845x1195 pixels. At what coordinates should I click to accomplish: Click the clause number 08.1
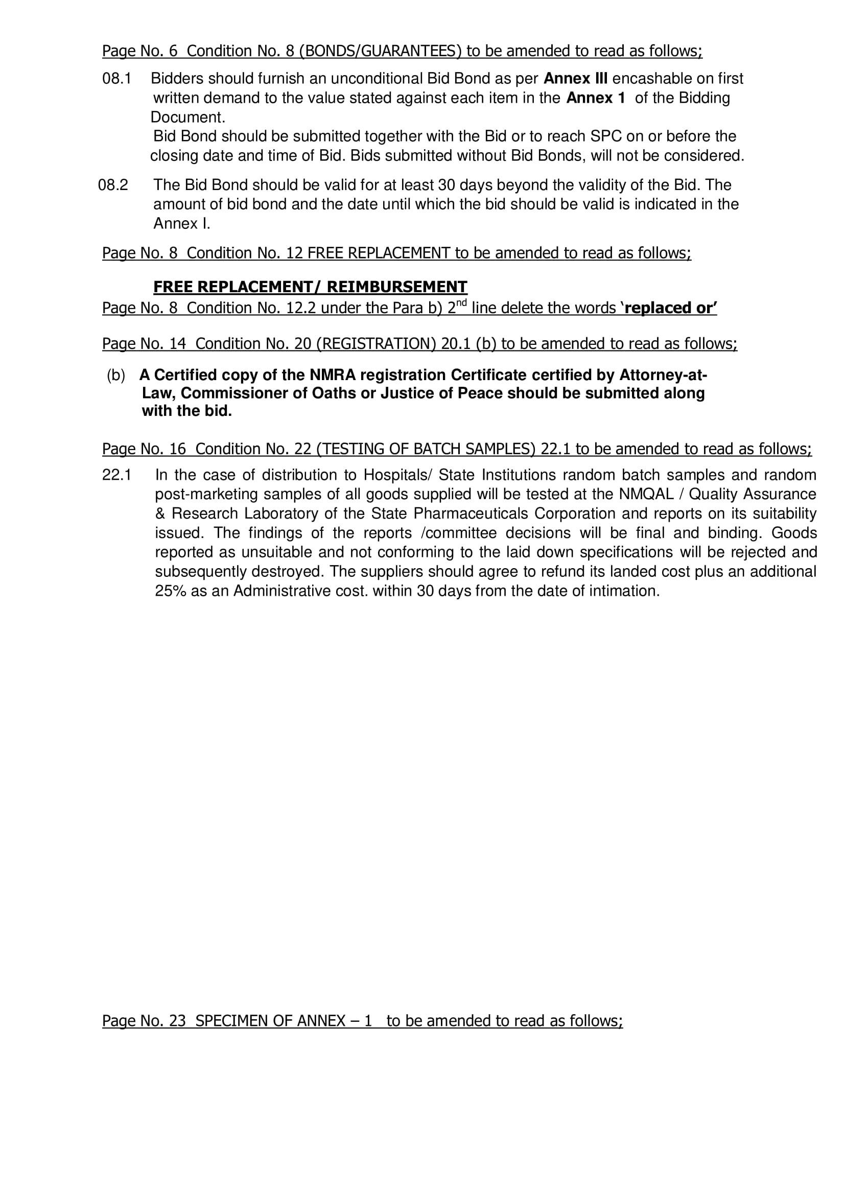coord(116,79)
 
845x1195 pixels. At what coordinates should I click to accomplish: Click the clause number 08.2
coord(113,185)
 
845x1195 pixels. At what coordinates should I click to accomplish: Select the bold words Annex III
coord(575,79)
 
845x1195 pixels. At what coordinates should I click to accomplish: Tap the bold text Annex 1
coord(595,98)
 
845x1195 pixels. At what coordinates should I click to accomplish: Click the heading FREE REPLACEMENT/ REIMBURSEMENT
coord(310,287)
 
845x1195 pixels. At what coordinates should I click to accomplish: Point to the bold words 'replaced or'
coord(670,308)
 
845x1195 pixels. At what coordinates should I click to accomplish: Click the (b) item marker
coord(115,376)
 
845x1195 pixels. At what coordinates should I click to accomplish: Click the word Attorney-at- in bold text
coord(663,376)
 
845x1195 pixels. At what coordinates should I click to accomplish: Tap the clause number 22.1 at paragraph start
coord(116,475)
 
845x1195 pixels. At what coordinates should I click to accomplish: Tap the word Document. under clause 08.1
coord(187,117)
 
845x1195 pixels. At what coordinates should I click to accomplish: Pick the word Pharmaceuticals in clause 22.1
coord(466,513)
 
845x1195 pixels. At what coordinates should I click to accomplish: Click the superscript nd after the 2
coord(461,302)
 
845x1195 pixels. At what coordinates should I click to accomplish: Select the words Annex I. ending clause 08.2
coord(181,223)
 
